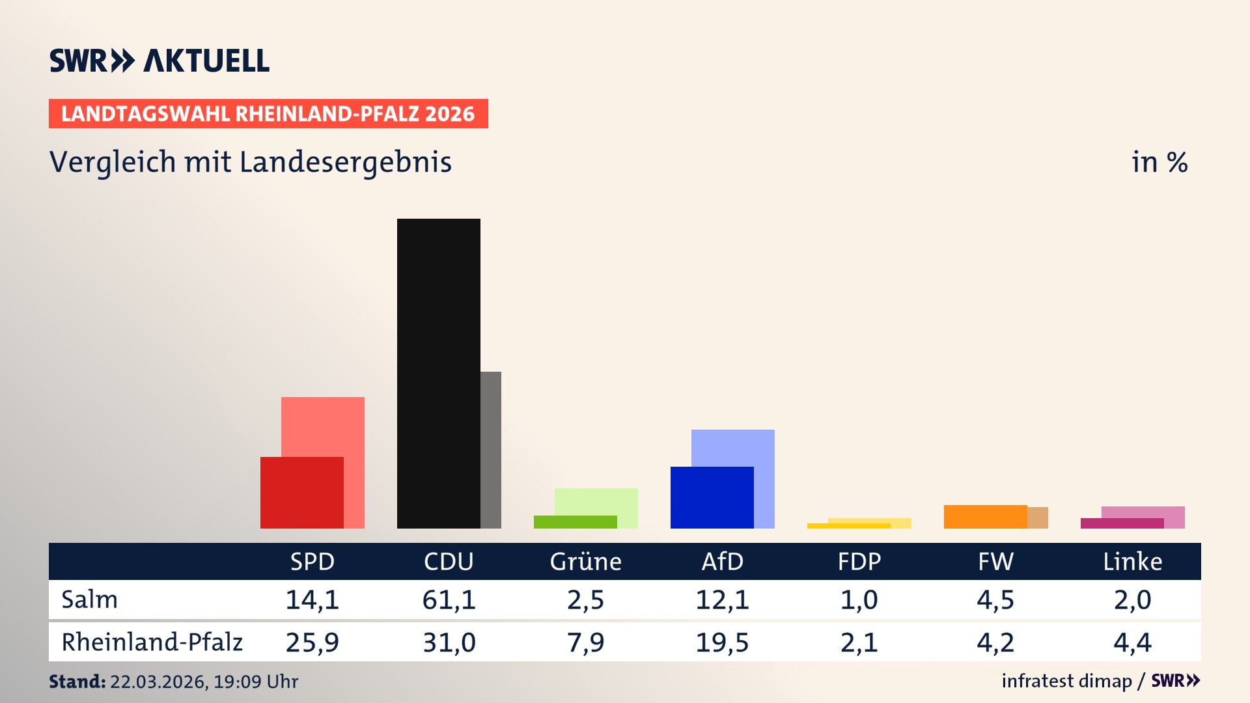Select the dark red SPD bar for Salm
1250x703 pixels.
301,492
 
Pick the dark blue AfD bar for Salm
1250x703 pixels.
712,497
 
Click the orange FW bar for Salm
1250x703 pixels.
985,516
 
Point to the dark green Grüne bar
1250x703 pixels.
575,521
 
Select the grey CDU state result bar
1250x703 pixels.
491,449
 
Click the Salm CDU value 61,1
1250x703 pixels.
449,600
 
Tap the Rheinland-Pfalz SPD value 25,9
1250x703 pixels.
312,642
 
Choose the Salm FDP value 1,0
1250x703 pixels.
859,600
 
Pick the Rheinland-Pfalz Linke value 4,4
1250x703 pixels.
1132,642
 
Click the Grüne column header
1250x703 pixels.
585,561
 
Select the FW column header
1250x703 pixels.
995,561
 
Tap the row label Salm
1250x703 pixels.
89,600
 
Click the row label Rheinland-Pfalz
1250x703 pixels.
152,642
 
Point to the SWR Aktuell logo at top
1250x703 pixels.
160,61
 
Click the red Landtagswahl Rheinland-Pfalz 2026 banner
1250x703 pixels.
268,114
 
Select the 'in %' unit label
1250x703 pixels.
1159,162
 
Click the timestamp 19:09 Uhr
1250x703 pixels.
255,682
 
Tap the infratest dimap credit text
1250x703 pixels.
1066,681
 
